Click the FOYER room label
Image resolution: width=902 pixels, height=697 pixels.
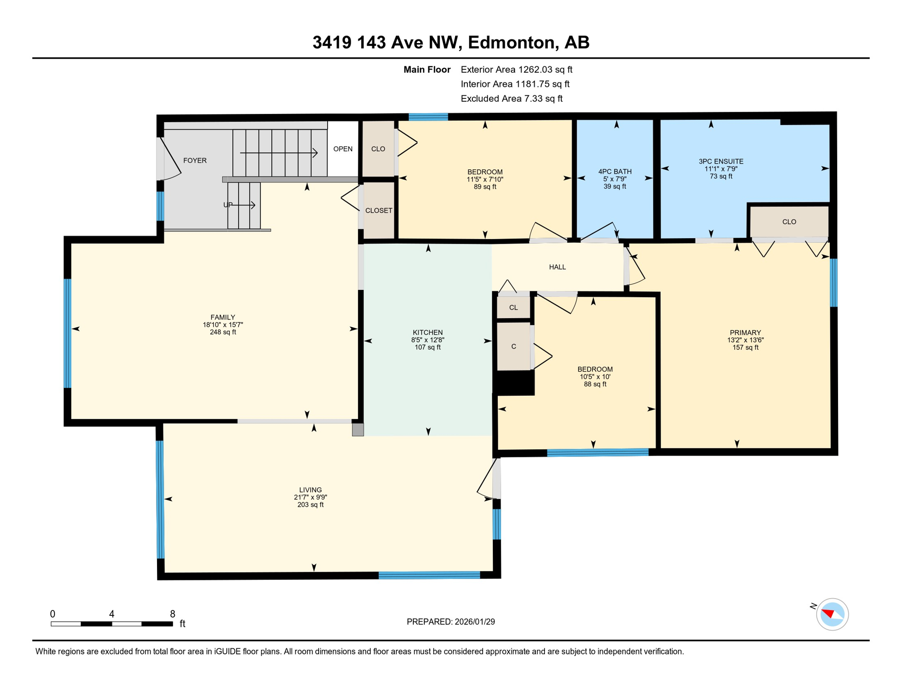(x=195, y=161)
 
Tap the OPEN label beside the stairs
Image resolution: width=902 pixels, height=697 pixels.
(x=343, y=149)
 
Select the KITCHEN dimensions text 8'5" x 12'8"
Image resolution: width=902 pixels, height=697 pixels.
(x=427, y=340)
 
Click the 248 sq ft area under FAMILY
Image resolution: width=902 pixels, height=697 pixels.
(x=223, y=332)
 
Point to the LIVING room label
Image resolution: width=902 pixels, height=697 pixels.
(x=310, y=490)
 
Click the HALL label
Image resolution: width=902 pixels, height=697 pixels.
(x=557, y=267)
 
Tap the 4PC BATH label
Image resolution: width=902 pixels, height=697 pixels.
(x=615, y=171)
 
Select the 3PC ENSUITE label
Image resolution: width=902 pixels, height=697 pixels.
(x=721, y=161)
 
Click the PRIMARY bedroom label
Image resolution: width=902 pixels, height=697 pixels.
(x=745, y=332)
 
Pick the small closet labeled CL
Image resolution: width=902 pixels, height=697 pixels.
(x=513, y=308)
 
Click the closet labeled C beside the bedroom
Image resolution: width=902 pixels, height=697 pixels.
(x=513, y=347)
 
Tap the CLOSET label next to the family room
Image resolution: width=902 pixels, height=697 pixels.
(x=378, y=211)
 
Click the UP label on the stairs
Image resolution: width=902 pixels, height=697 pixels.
(x=228, y=205)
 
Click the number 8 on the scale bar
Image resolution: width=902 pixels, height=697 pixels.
(x=172, y=614)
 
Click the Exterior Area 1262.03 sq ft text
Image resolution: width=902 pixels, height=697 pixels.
(x=516, y=69)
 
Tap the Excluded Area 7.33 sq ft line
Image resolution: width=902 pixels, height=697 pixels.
(x=511, y=98)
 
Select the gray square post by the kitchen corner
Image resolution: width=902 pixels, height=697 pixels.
(x=358, y=429)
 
